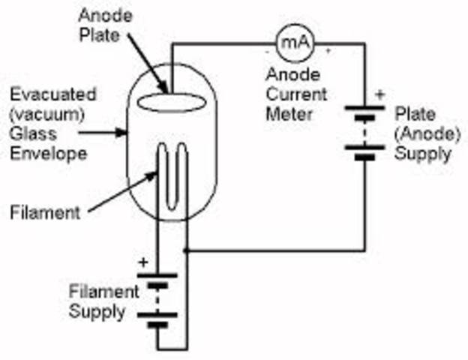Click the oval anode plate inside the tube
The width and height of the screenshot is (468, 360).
[166, 101]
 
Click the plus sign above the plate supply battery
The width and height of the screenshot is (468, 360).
[378, 94]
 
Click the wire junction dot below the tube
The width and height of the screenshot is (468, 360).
[185, 250]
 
